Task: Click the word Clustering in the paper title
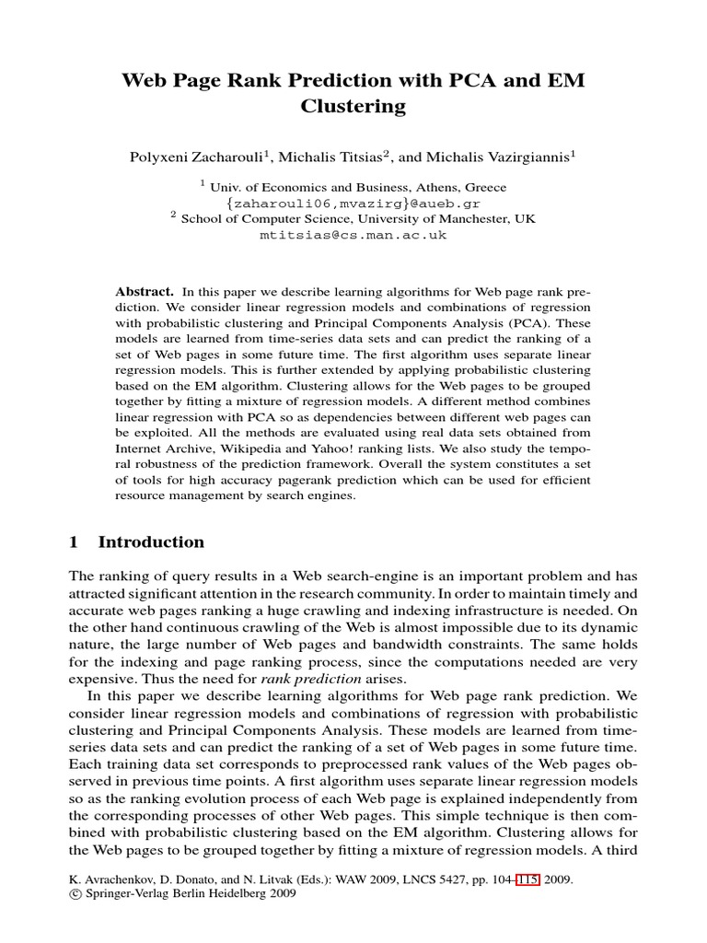[x=353, y=107]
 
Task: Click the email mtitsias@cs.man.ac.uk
[x=353, y=235]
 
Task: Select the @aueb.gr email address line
[x=353, y=203]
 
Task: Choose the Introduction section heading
[x=151, y=542]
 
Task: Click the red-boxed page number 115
[x=528, y=879]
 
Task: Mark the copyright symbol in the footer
[x=75, y=895]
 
